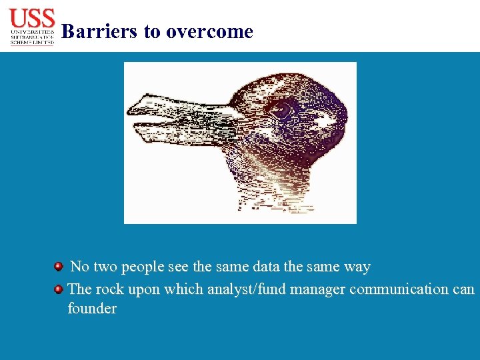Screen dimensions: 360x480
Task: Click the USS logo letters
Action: pyautogui.click(x=32, y=17)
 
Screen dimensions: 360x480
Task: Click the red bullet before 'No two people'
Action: pyautogui.click(x=59, y=267)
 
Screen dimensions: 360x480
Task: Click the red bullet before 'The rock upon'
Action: pyautogui.click(x=59, y=289)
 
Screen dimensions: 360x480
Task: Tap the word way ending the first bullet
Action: pyautogui.click(x=357, y=267)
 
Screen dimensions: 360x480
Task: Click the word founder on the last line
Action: pyautogui.click(x=92, y=309)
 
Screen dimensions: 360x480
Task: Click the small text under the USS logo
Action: pyautogui.click(x=32, y=37)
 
